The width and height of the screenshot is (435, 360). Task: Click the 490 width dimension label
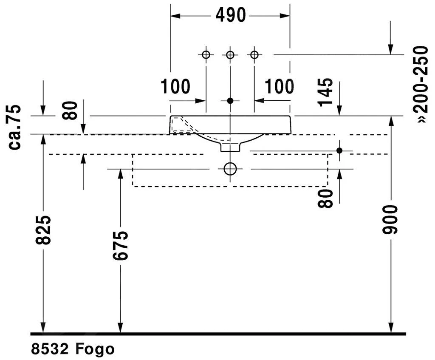tap(231, 16)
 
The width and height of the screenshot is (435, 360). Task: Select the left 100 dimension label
tap(175, 87)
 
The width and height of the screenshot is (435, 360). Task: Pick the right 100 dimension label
tap(280, 87)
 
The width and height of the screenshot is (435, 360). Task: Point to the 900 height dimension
tap(390, 220)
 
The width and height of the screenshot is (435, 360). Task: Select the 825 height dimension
tap(43, 230)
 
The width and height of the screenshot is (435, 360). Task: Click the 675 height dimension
tap(121, 245)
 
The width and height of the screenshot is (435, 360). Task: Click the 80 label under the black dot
tap(326, 198)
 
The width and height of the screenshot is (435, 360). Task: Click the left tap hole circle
tap(206, 55)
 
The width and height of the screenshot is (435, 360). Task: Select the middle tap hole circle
tap(230, 55)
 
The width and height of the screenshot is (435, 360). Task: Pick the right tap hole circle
tap(254, 55)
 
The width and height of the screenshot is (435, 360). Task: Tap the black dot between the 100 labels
tap(230, 101)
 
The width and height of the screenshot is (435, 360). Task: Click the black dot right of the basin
tap(339, 150)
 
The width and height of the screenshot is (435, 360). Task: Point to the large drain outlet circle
tap(230, 169)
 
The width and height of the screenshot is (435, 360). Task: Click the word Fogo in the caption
tap(96, 349)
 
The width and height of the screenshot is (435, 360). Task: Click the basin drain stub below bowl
tap(230, 147)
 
